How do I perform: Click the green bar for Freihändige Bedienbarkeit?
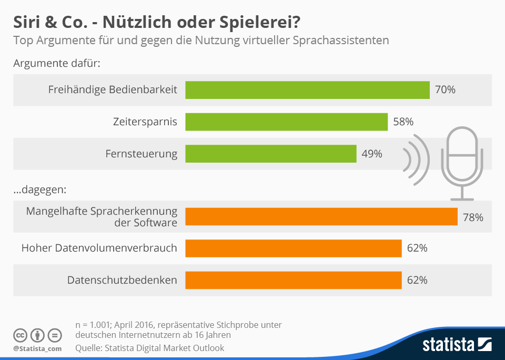tap(308, 90)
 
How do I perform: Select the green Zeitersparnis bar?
tap(287, 122)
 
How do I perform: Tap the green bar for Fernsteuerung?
tap(271, 154)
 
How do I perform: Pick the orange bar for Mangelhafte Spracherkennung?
tap(321, 216)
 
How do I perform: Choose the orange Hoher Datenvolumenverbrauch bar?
tap(294, 248)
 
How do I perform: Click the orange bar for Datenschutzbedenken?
tap(294, 280)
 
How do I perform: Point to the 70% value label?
tap(445, 90)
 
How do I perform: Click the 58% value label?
tap(403, 122)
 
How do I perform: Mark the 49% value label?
tap(372, 154)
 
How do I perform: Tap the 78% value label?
tap(473, 216)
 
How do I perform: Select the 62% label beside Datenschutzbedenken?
tap(417, 280)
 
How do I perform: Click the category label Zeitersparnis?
tap(145, 122)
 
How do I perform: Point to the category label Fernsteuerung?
tap(142, 154)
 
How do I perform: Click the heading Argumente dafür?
tap(57, 64)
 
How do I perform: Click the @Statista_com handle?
tap(37, 348)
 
